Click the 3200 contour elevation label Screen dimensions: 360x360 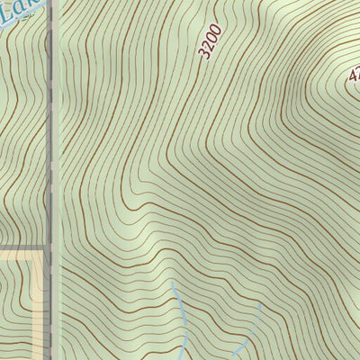211,41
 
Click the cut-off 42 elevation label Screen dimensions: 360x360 354,78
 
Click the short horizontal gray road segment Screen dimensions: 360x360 22,247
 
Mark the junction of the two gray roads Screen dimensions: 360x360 49,247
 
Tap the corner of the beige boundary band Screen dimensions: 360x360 40,255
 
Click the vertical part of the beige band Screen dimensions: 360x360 40,306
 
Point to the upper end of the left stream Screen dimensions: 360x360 171,282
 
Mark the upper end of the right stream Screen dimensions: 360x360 260,304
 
